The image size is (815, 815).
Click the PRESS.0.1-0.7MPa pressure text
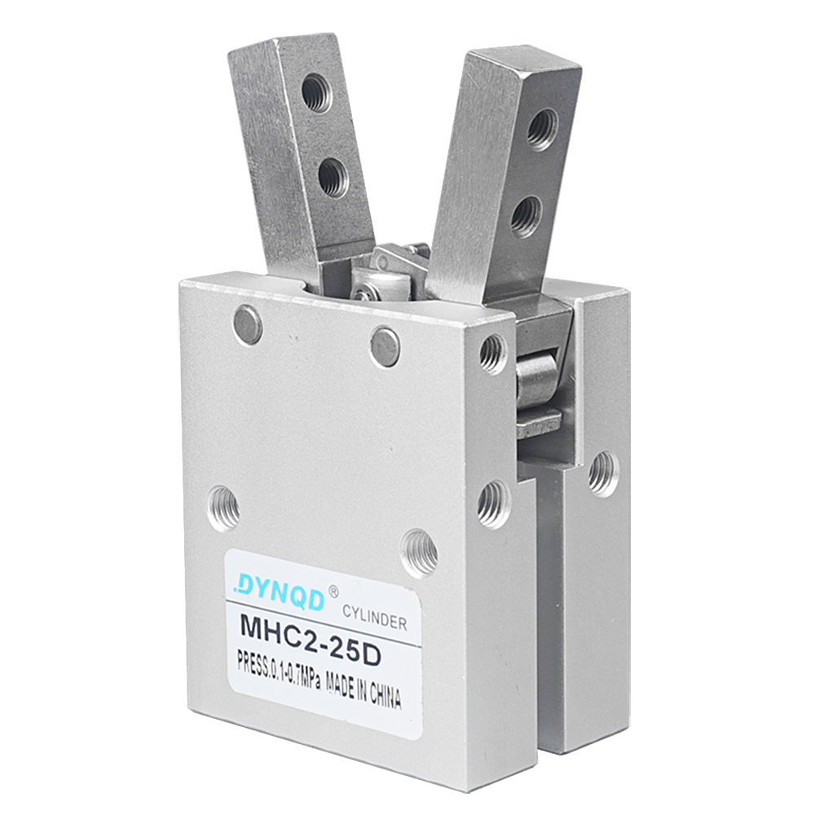pyautogui.click(x=278, y=671)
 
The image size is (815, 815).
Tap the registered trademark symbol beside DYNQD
pyautogui.click(x=333, y=592)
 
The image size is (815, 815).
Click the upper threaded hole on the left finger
pyautogui.click(x=316, y=93)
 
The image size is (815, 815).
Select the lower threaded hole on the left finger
pyautogui.click(x=333, y=177)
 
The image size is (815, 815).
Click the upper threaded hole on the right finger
pyautogui.click(x=543, y=129)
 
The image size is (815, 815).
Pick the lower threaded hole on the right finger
pyautogui.click(x=526, y=216)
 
